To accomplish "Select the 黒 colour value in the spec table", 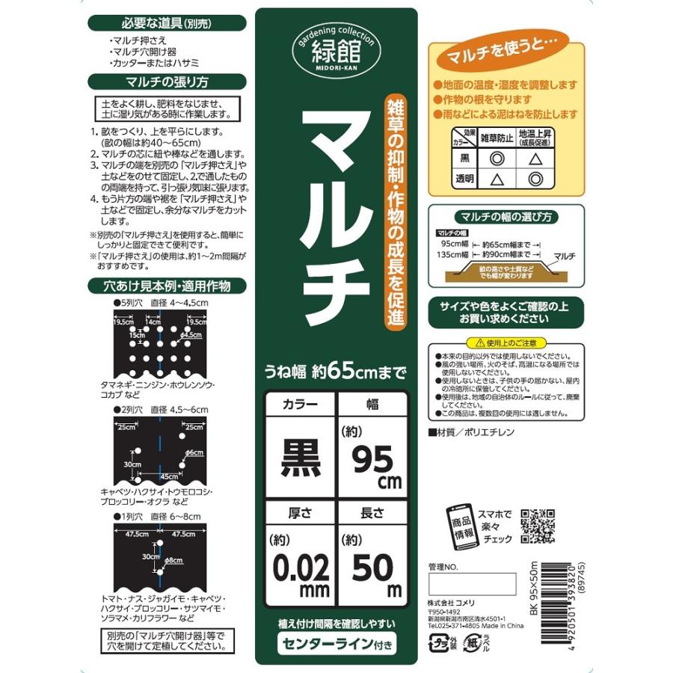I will pyautogui.click(x=300, y=456).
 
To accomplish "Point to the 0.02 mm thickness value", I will pyautogui.click(x=300, y=571).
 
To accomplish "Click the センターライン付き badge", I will pyautogui.click(x=336, y=642).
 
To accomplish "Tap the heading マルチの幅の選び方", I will pyautogui.click(x=505, y=218).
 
